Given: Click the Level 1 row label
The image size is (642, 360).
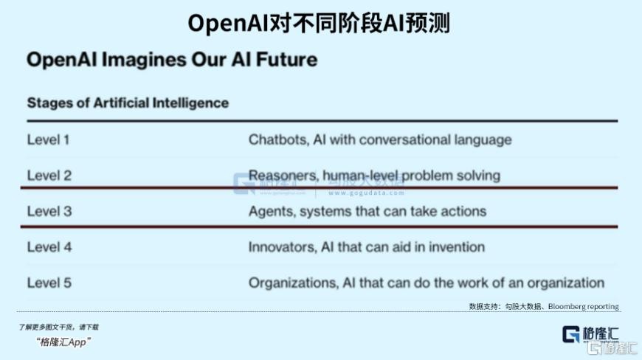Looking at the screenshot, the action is (48, 140).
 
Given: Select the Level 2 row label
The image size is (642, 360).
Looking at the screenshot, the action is (49, 176).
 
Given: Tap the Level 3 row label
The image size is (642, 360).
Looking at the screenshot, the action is (49, 212).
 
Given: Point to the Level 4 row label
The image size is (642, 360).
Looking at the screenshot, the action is (49, 247).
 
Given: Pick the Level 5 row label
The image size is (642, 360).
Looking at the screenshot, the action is (49, 283).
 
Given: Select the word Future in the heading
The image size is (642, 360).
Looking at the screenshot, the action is (286, 60).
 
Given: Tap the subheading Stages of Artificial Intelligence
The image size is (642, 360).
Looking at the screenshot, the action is (128, 103).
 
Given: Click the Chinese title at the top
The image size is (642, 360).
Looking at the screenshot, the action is (319, 23).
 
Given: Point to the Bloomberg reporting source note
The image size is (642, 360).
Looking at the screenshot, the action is (583, 306).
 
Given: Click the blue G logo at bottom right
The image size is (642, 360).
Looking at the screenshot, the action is (570, 334).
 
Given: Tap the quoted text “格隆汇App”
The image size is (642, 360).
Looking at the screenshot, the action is (63, 342).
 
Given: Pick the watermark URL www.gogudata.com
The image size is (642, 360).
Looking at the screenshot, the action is (366, 193).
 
